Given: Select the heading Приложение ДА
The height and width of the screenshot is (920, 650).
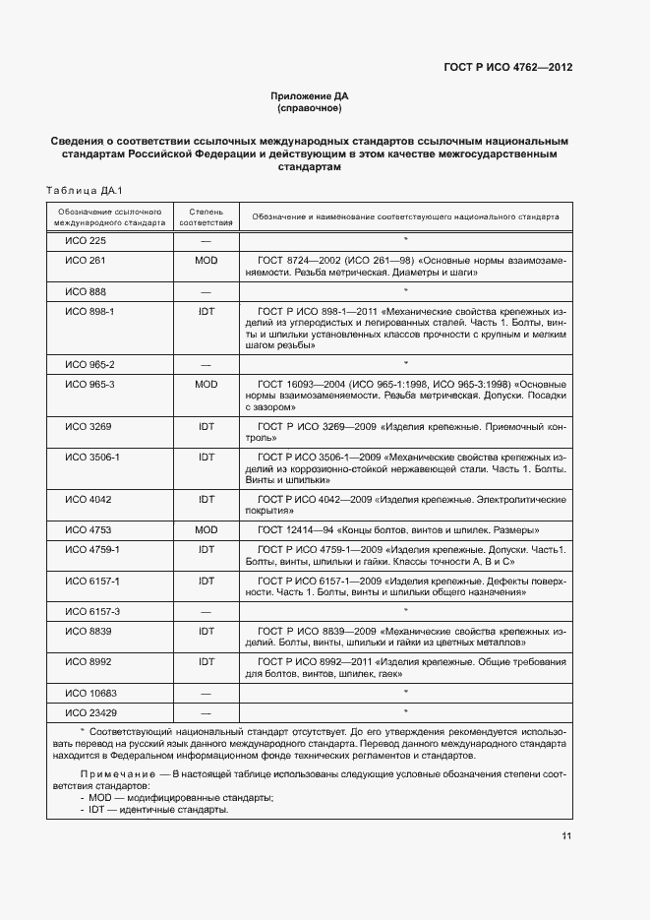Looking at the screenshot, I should click(309, 95).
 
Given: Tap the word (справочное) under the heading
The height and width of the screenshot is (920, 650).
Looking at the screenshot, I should click(309, 107).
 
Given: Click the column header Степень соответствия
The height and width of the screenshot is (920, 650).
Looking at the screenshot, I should click(206, 216).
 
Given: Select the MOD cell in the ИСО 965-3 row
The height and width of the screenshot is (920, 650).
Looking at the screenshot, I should click(206, 383).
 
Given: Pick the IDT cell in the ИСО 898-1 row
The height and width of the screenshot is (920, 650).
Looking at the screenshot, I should click(206, 311).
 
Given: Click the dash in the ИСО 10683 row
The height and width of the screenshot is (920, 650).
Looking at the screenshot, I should click(206, 693).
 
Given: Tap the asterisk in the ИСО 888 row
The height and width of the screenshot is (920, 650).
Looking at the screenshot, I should click(405, 291).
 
